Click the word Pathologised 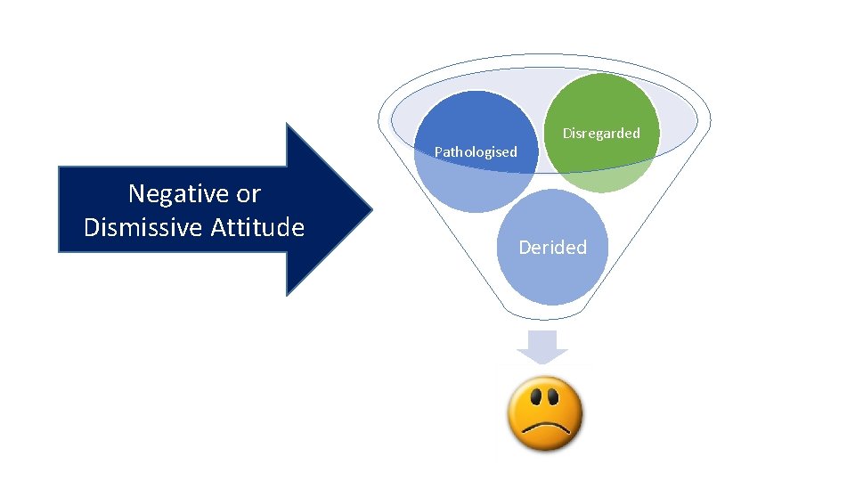tap(475, 152)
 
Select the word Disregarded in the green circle tap(600, 134)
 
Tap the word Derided tap(552, 248)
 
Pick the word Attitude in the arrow tap(257, 228)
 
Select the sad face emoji tap(544, 414)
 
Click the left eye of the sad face tap(532, 395)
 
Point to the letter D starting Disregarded tap(566, 134)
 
